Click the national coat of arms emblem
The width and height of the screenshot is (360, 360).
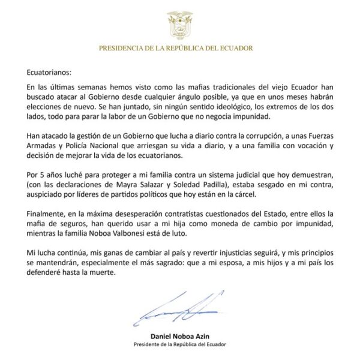click(180, 22)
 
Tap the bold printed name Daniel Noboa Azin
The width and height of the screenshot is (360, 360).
click(180, 336)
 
